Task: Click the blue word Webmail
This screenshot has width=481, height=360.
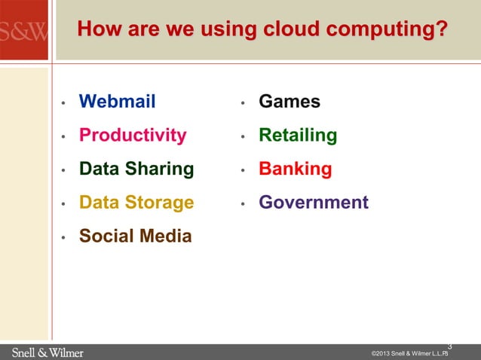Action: (x=117, y=102)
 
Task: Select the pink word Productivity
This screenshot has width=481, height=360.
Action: (x=133, y=136)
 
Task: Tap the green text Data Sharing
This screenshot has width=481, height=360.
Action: (x=136, y=169)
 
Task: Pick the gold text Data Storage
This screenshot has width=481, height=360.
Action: (x=136, y=203)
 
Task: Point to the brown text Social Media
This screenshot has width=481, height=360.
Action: (x=135, y=236)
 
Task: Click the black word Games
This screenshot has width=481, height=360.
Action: (x=290, y=102)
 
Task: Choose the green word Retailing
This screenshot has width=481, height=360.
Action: (x=298, y=136)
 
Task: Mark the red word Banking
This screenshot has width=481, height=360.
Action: (x=296, y=169)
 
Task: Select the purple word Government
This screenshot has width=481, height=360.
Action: (x=314, y=203)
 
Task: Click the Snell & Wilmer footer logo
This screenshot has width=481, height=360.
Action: (x=47, y=352)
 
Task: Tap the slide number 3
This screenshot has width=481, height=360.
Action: (x=449, y=346)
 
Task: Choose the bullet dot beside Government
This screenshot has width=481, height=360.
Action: (x=243, y=204)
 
